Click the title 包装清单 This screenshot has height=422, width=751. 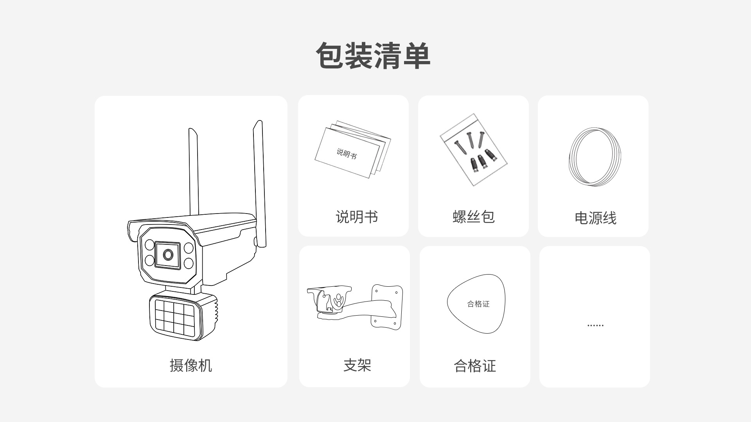[x=373, y=56]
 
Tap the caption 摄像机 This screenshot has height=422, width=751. [x=191, y=365]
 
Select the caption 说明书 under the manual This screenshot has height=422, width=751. [x=357, y=217]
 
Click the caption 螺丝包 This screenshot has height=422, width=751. [x=473, y=217]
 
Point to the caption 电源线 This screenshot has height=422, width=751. [x=595, y=218]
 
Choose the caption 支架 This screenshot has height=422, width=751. [x=357, y=365]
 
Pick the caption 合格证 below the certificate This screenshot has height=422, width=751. [x=475, y=366]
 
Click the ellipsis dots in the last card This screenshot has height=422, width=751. [x=595, y=325]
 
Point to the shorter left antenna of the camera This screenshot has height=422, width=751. [x=194, y=172]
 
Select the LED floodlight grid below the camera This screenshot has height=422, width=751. [x=174, y=315]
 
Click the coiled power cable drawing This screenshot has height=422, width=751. [x=595, y=156]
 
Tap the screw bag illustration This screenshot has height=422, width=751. [x=473, y=150]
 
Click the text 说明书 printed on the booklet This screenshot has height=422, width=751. [x=347, y=153]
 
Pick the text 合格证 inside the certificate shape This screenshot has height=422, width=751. [x=478, y=304]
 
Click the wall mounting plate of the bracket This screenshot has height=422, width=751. [x=387, y=306]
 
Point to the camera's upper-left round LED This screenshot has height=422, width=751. [x=149, y=245]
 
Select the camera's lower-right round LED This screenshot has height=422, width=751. [x=189, y=263]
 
